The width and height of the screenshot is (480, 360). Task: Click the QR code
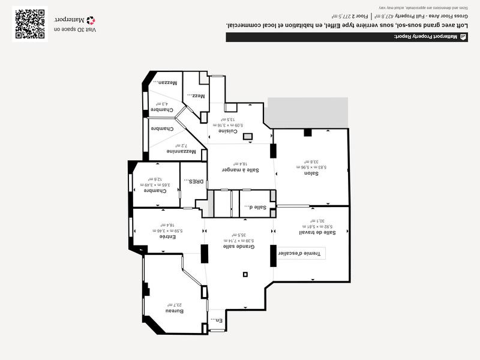click(30, 24)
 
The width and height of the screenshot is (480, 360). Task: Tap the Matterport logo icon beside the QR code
click(91, 20)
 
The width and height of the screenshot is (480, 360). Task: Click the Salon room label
click(311, 173)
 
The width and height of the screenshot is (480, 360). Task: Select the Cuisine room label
click(229, 131)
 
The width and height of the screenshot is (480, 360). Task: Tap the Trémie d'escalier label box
click(304, 254)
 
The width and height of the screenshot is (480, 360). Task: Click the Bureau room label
click(174, 311)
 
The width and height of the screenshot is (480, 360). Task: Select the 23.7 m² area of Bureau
click(174, 305)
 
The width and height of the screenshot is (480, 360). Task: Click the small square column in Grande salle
click(245, 275)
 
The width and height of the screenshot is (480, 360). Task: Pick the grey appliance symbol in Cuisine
click(248, 136)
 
